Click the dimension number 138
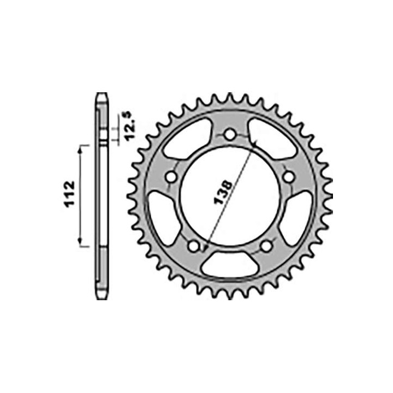coord(223,192)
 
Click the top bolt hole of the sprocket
coord(230,134)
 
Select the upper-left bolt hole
coord(172,177)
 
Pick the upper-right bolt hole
coord(289,177)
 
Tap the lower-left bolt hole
coord(194,246)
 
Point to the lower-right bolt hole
coord(266,246)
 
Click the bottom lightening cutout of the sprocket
coord(230,264)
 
